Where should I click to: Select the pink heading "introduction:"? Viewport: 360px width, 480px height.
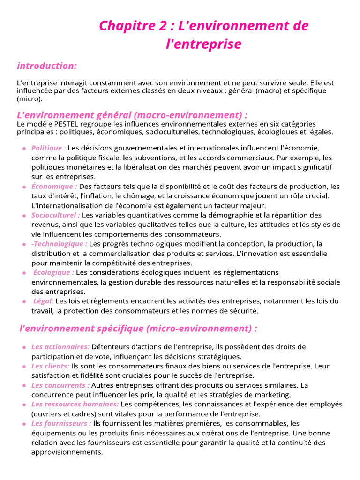[47, 66]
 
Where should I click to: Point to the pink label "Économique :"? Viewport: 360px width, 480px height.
[54, 187]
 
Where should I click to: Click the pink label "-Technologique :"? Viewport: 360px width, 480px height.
[59, 244]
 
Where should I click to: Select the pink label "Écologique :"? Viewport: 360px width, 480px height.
[53, 272]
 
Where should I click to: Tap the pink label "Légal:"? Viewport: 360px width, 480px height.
[43, 301]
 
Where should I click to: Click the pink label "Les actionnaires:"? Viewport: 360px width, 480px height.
[60, 347]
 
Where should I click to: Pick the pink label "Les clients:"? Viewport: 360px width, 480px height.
[50, 366]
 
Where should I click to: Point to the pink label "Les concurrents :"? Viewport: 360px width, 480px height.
[60, 385]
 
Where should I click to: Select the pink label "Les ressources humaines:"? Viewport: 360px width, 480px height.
[75, 404]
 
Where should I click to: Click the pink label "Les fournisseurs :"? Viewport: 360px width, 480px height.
[61, 423]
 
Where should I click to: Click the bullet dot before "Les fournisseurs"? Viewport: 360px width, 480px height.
[24, 424]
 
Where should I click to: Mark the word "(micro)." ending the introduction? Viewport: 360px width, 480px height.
[29, 99]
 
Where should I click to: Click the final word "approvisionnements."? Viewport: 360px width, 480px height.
[67, 452]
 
